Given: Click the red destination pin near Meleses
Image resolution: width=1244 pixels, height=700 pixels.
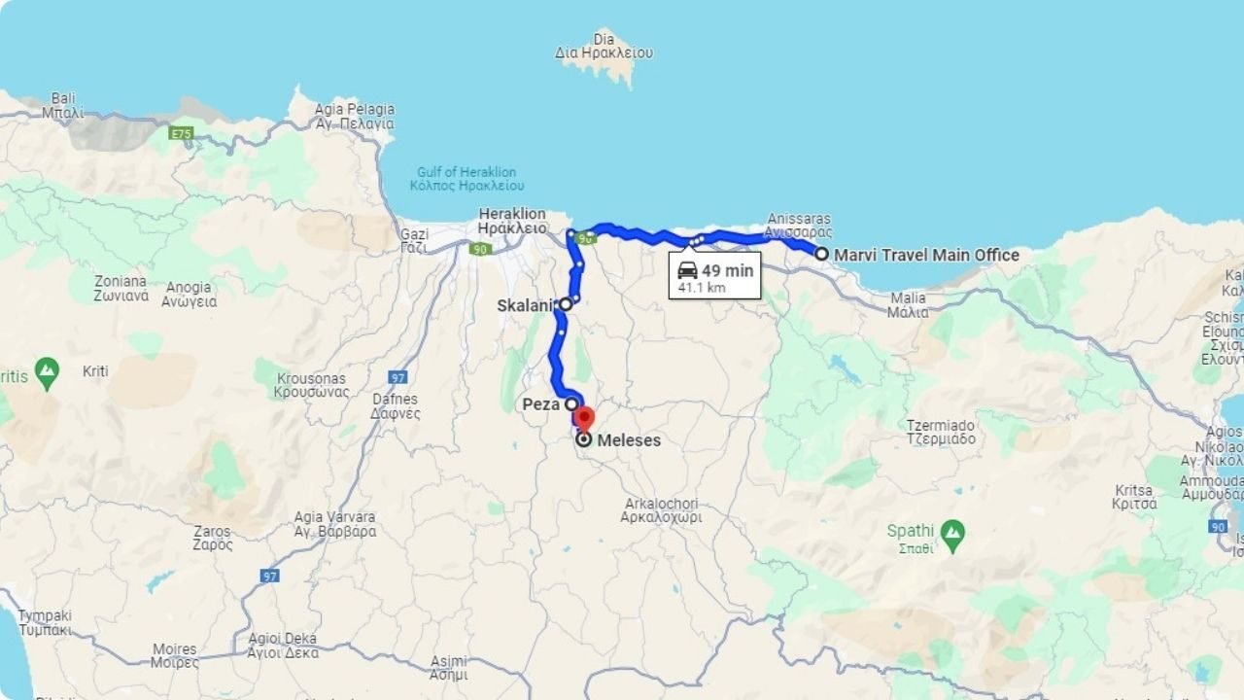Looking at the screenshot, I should pos(583,418).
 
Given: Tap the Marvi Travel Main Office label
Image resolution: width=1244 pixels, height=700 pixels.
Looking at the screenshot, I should pos(926,255).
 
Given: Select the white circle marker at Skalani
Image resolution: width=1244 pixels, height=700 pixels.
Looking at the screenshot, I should pos(565,304).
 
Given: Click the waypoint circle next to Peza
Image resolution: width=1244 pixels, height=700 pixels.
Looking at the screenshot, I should pos(571,403).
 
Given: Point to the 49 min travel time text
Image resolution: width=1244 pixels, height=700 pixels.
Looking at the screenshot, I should pos(727,271).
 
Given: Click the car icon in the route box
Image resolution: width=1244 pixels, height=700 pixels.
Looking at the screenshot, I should pos(687,270).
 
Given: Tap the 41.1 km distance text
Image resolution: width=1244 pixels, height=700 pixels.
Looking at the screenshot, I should pos(702,288).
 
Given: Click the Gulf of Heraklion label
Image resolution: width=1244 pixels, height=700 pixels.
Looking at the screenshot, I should pos(466,179).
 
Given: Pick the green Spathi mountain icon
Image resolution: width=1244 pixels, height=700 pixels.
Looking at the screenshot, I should pos(952,532).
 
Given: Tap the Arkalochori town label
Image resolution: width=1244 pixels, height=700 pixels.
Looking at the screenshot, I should pos(661,510).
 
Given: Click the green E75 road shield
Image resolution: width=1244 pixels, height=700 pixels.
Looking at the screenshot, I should pos(182,133).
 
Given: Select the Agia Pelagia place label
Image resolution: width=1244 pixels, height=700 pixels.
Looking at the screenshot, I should pos(355,117).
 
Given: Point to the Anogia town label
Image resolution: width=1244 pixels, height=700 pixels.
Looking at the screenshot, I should pos(189,294).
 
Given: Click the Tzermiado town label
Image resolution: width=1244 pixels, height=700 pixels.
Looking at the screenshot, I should pos(940,432).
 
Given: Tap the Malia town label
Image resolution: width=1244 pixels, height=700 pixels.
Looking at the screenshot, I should pos(908,305).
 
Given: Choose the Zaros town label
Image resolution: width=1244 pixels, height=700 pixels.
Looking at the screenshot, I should pos(212,538).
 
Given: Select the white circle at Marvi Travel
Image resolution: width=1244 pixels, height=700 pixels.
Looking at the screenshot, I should pos(821,254).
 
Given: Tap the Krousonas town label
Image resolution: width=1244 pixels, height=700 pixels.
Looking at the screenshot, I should pos(311,385).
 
